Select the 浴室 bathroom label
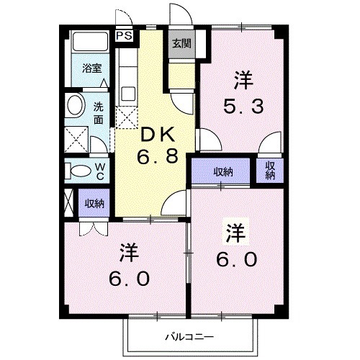click(x=91, y=69)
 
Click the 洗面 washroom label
click(x=99, y=113)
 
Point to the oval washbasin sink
click(x=74, y=107)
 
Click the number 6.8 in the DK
click(x=158, y=156)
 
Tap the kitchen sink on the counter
click(x=128, y=93)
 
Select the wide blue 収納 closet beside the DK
click(x=223, y=171)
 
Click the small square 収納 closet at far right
click(x=271, y=171)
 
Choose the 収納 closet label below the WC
click(x=94, y=203)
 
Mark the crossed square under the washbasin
click(x=74, y=136)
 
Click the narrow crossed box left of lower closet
click(x=70, y=203)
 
